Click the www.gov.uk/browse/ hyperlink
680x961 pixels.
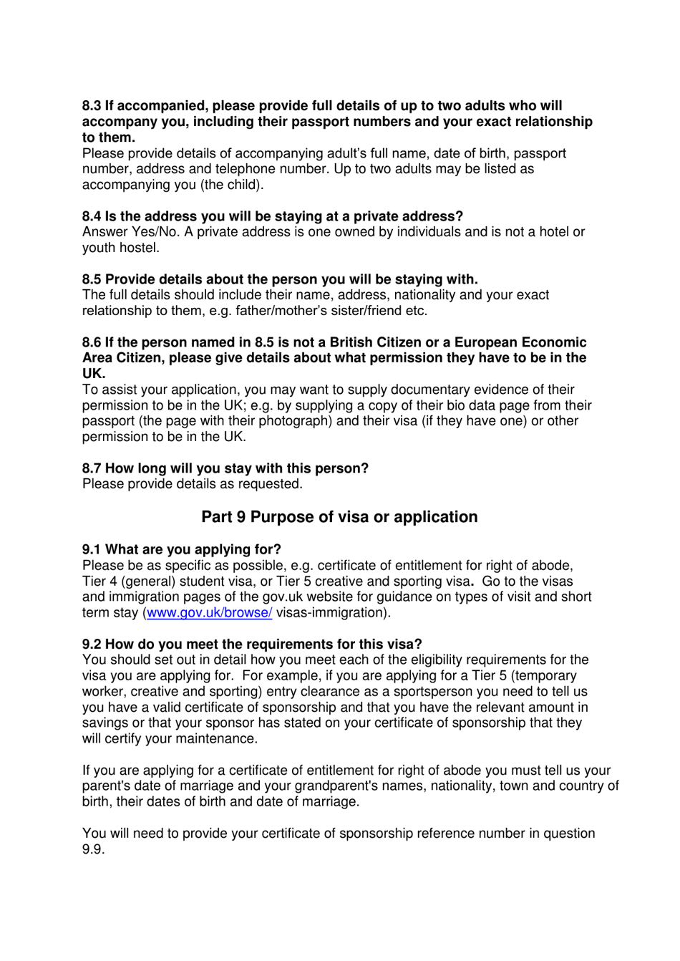(x=209, y=613)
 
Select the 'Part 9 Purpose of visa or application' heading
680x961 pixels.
(x=339, y=517)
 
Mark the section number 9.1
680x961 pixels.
(x=92, y=550)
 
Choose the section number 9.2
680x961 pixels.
(x=92, y=644)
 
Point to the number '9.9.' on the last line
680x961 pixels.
(x=93, y=849)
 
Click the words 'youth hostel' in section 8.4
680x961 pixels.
(x=120, y=248)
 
